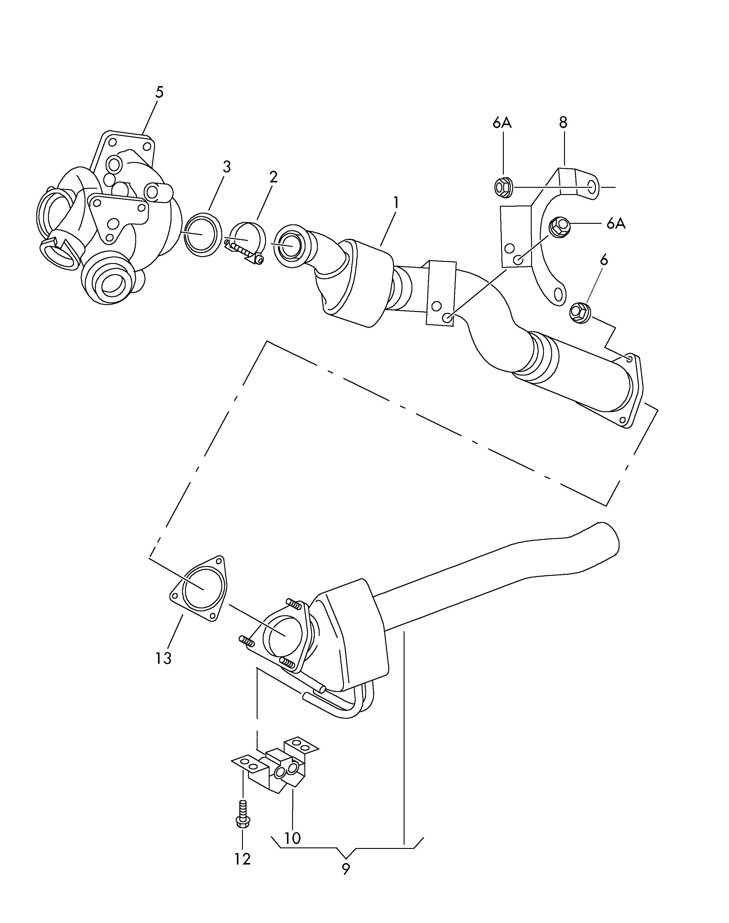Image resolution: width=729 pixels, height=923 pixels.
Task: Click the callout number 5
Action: coord(159,92)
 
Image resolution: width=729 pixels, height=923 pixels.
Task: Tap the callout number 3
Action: coord(227,167)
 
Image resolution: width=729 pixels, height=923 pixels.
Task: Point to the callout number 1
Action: coord(396,203)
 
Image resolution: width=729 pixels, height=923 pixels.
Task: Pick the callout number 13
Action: coord(163,658)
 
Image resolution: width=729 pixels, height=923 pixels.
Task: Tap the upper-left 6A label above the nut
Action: coord(502,123)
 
